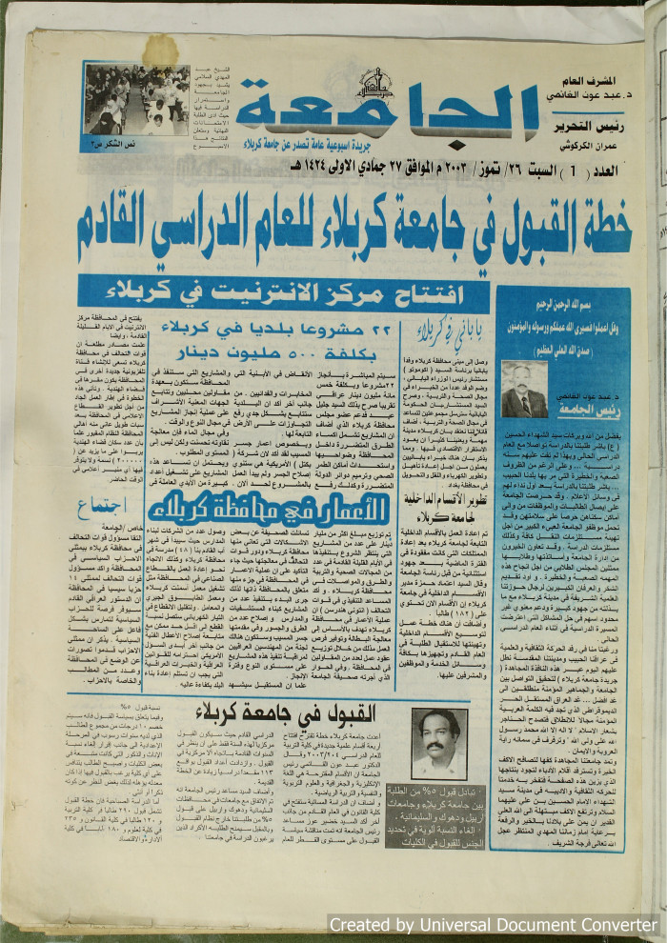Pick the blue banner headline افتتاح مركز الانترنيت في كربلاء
coord(285,291)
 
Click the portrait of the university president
coord(524,390)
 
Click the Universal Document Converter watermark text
coord(493,925)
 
